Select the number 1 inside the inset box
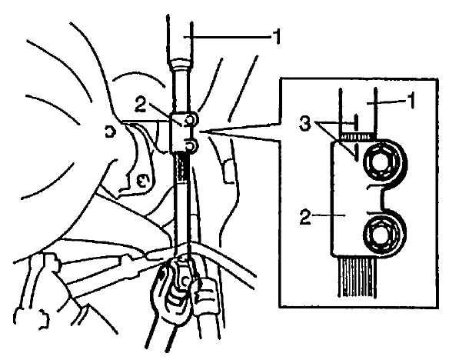point(411,102)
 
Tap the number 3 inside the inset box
point(305,124)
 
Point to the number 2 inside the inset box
point(305,217)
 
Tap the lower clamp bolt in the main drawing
point(191,146)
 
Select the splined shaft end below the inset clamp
point(357,277)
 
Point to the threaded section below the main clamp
point(181,168)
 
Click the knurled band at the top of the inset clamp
point(357,136)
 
